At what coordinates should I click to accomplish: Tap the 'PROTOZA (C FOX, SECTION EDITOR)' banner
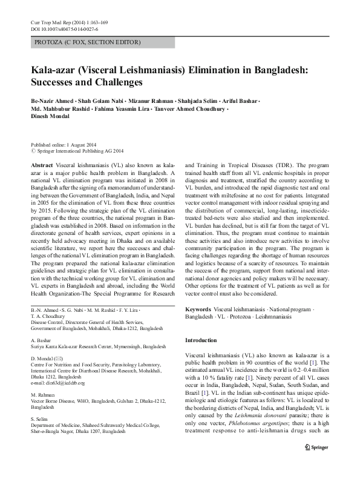tap(86, 42)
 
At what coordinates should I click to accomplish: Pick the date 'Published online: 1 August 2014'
tap(65, 145)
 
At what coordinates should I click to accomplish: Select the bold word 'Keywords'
tap(198, 309)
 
